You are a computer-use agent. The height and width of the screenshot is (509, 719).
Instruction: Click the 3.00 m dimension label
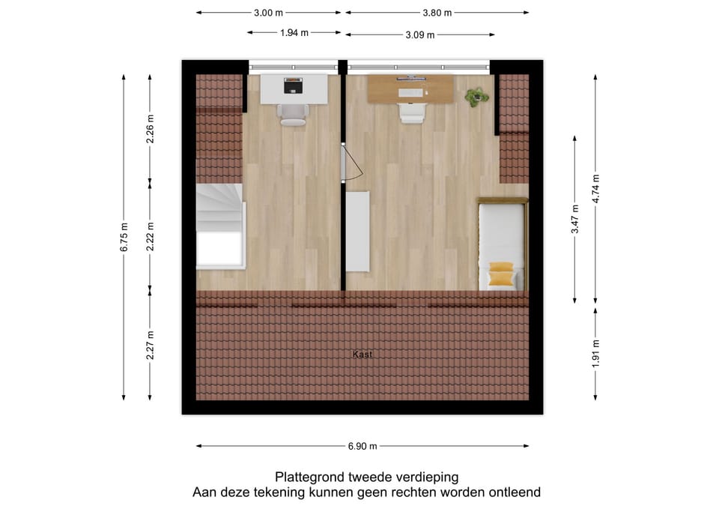[x=268, y=13]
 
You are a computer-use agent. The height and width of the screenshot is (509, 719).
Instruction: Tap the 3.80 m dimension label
[x=437, y=13]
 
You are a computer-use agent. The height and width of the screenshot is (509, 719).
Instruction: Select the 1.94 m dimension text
[x=294, y=32]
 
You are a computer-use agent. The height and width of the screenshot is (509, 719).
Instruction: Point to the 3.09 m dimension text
[x=420, y=34]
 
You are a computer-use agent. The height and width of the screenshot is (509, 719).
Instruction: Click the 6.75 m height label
[x=124, y=237]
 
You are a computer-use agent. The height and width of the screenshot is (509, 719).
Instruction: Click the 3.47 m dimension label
[x=575, y=220]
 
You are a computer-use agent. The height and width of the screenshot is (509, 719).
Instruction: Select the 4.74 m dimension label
[x=595, y=189]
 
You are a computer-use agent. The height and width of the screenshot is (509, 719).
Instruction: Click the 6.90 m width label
[x=362, y=446]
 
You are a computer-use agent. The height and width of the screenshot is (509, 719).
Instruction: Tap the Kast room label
[x=362, y=355]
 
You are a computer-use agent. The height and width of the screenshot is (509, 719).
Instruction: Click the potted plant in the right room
[x=476, y=97]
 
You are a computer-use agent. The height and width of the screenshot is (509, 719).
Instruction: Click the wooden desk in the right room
[x=410, y=89]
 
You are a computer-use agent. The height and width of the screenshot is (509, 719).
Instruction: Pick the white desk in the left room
[x=293, y=88]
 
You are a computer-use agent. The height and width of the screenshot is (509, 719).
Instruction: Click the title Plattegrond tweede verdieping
[x=366, y=477]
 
